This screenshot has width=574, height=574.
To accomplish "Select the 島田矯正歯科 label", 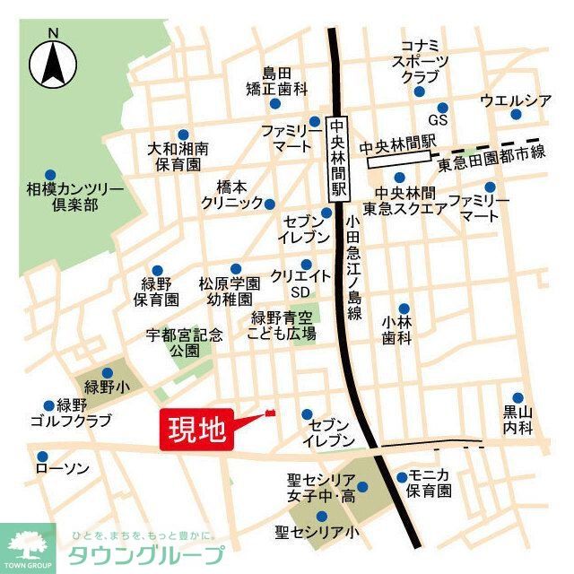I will (277, 82).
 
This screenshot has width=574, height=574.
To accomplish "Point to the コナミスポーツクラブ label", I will (420, 61).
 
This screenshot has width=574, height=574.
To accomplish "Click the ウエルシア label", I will (516, 99).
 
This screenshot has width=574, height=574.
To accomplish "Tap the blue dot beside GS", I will (442, 108).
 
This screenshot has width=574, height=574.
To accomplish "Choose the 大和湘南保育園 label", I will (178, 156).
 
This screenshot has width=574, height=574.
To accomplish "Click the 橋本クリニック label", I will (231, 195).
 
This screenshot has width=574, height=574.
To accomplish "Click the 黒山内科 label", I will (517, 420).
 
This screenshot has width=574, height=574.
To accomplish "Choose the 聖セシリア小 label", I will (317, 533).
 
